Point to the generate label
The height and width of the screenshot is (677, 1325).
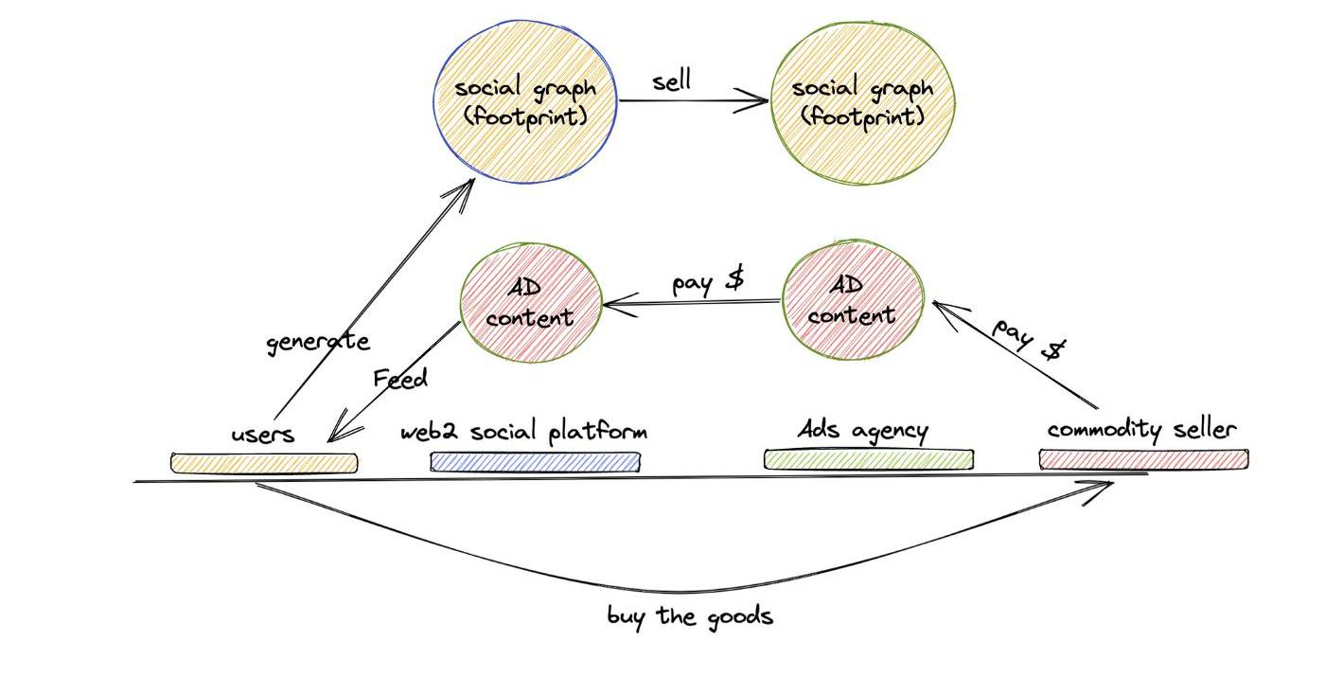tap(317, 342)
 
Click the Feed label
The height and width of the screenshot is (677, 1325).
tap(400, 379)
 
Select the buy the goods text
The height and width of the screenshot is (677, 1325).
tap(690, 616)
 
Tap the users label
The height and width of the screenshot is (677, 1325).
tap(263, 435)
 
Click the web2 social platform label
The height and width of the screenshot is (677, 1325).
tap(523, 432)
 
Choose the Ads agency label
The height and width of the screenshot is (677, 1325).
tap(862, 431)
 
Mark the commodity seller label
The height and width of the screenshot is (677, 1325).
tap(1141, 430)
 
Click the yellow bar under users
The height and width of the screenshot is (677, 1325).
tap(264, 463)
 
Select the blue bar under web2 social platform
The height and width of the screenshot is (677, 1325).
tap(535, 462)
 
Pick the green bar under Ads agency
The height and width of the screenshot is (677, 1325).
tap(869, 459)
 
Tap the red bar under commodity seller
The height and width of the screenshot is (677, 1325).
tap(1143, 459)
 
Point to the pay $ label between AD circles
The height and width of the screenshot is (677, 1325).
tap(707, 282)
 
